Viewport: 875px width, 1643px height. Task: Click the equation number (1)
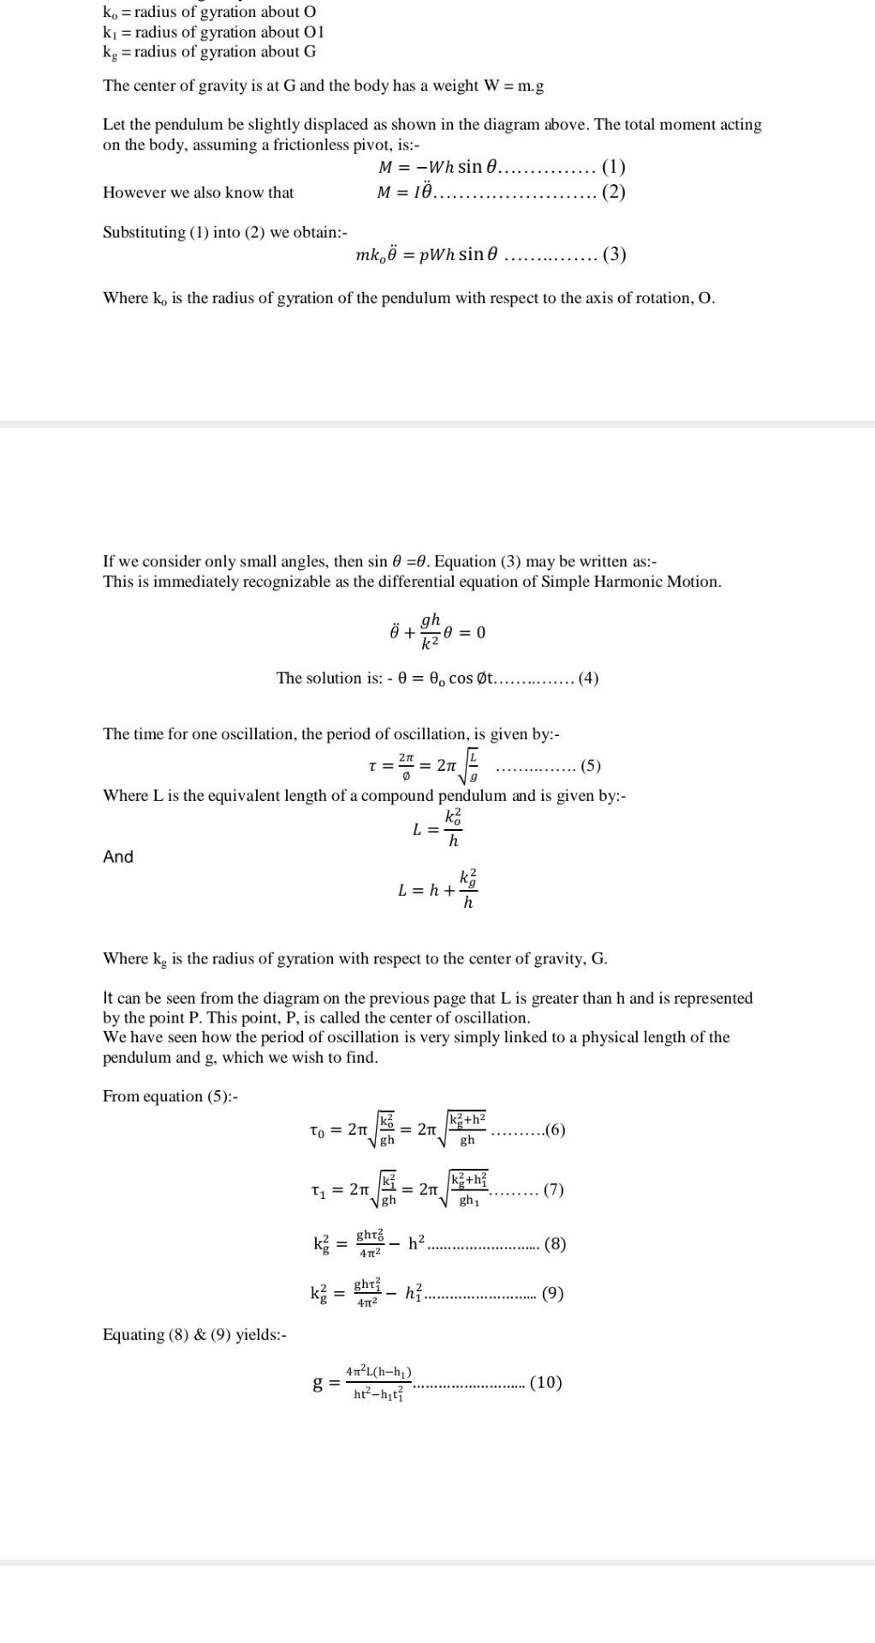(x=614, y=167)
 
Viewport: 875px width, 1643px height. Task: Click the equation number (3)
(x=614, y=255)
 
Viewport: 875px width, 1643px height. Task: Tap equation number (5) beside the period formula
(x=591, y=766)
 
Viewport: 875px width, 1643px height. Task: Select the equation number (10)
(x=546, y=1382)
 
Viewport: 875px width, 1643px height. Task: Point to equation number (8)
(x=555, y=1244)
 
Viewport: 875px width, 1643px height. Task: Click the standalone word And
(x=118, y=857)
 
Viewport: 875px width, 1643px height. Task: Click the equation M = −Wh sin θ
(x=437, y=167)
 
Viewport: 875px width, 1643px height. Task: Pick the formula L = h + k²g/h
(x=437, y=890)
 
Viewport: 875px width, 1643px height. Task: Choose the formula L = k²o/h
(x=437, y=828)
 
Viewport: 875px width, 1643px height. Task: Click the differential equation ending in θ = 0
(x=437, y=632)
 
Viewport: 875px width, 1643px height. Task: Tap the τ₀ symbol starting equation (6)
(x=318, y=1131)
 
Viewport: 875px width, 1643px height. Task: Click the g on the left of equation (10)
(x=318, y=1383)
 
